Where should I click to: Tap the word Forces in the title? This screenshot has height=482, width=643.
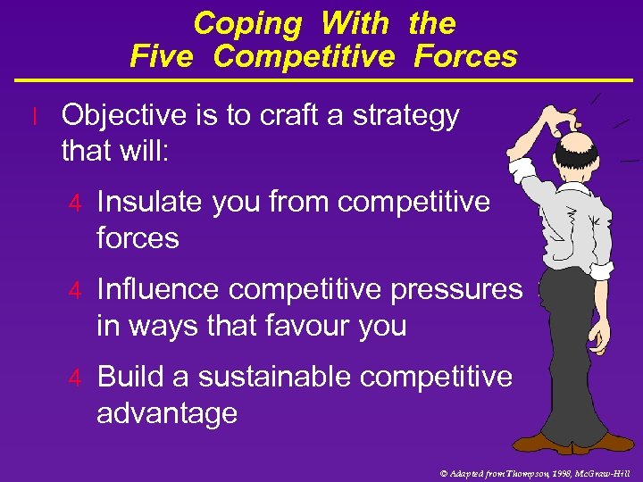pos(465,56)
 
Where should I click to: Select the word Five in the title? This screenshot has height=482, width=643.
pos(161,56)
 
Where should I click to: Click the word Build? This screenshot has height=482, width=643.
pos(129,377)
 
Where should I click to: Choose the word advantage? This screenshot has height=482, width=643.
pos(167,413)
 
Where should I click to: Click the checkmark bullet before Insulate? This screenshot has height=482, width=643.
pos(77,204)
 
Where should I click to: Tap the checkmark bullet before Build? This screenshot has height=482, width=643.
pos(77,378)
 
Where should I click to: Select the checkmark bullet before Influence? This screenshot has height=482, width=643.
pos(77,291)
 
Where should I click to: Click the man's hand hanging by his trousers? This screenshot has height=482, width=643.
pos(604,334)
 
